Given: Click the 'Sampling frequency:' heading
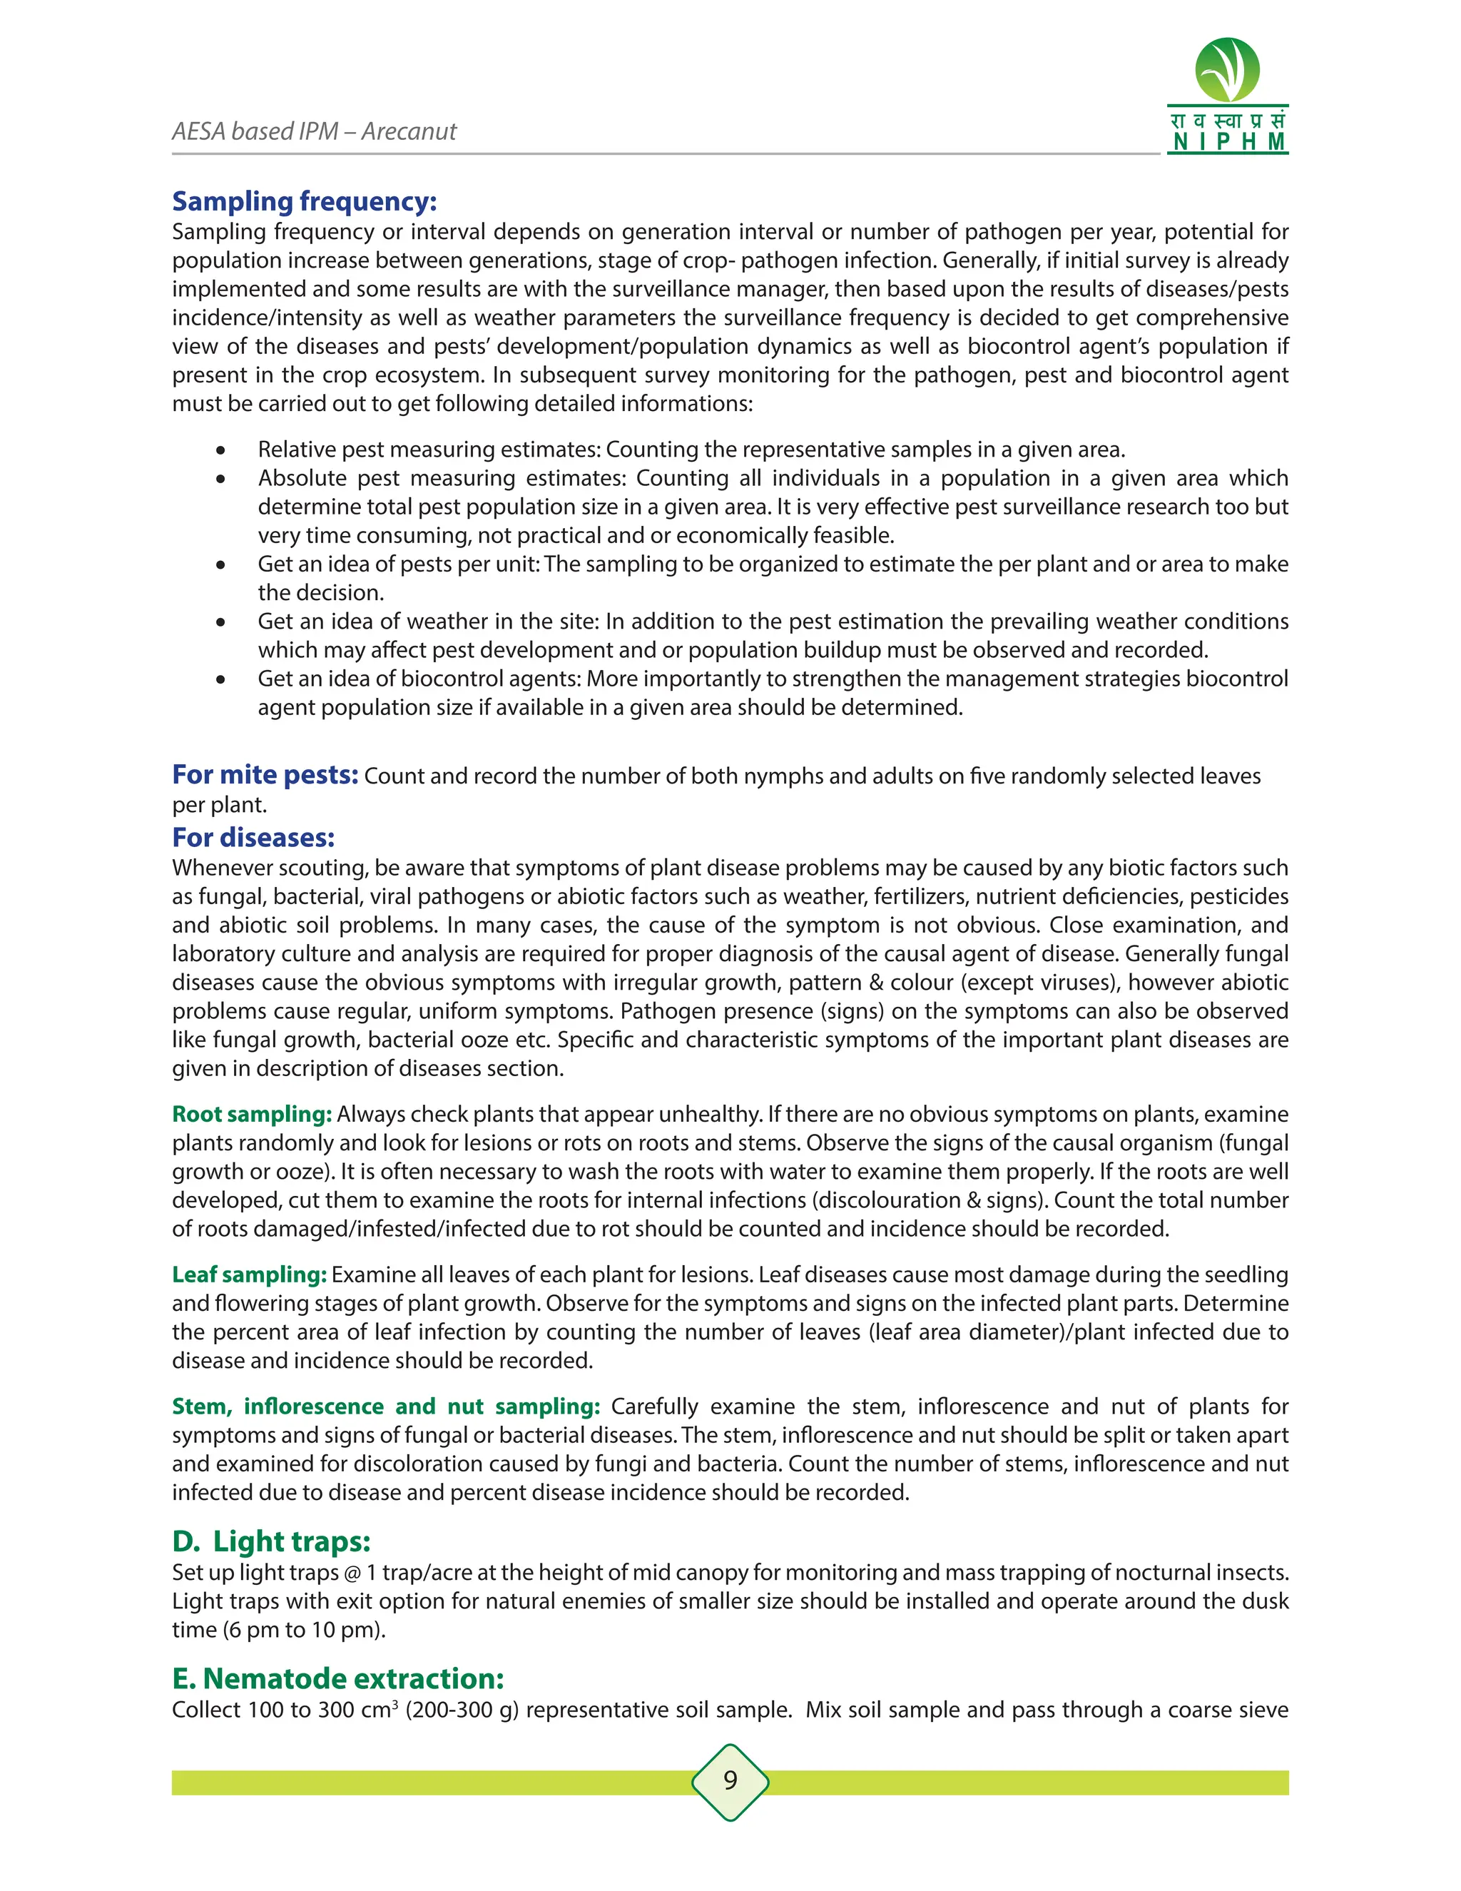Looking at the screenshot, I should point(304,201).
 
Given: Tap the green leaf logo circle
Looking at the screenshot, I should point(1226,69).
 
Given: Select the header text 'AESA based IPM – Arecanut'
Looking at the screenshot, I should point(314,131).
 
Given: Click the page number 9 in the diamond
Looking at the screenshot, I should point(730,1781).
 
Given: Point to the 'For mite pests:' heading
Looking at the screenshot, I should point(265,774).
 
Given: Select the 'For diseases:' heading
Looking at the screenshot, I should point(253,837).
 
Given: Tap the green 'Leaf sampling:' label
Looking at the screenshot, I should point(249,1274).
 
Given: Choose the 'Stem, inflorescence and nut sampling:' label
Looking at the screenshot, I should point(386,1406).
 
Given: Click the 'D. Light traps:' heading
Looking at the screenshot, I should point(271,1541).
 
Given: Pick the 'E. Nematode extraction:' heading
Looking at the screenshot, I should point(337,1679).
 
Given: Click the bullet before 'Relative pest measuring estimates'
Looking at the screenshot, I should point(222,450).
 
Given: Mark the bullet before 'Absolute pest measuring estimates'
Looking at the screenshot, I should point(222,479).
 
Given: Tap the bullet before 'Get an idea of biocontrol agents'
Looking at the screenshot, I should point(222,679).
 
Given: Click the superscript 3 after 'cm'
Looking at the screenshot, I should point(394,1704).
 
